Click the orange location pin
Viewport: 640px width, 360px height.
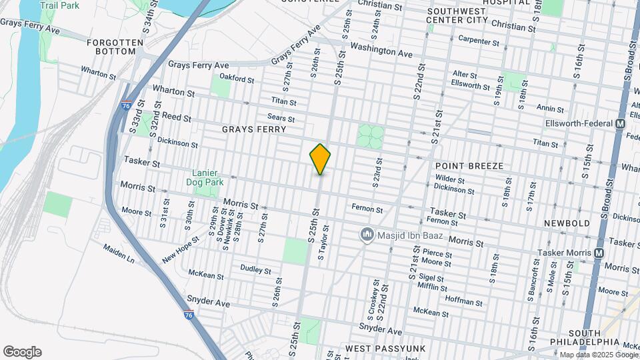coord(320,159)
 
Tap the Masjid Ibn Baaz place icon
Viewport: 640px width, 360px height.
coord(367,234)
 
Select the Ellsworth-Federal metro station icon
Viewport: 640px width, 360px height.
coord(620,124)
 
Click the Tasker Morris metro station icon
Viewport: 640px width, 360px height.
coord(599,253)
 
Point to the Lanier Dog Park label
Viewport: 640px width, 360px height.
coord(207,177)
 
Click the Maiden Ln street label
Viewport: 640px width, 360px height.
coord(118,253)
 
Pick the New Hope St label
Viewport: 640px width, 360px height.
coord(180,249)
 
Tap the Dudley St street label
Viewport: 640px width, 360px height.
coord(255,271)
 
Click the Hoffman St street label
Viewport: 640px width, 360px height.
coord(463,301)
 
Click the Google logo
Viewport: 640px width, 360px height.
coord(22,352)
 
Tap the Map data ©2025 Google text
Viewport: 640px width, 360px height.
coord(599,355)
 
